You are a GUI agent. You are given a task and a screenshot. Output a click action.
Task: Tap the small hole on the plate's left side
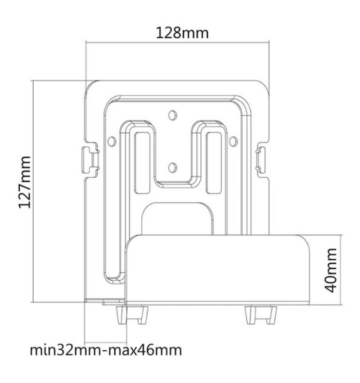tap(112, 138)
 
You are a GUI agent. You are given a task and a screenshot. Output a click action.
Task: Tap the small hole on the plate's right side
tap(234, 138)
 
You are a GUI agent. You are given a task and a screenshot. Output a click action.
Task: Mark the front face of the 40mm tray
tap(220, 270)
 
